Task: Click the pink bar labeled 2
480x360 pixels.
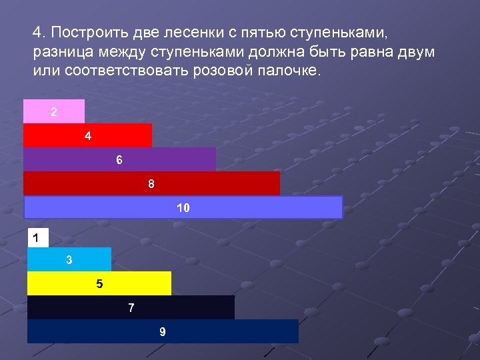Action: (54, 111)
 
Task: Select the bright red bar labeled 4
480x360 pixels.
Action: (87, 135)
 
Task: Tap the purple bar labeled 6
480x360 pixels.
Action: (119, 159)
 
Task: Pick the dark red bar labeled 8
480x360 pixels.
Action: (151, 183)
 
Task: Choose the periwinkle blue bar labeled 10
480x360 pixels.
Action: (183, 207)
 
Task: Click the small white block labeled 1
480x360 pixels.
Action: (37, 237)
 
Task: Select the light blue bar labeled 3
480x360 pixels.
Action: (69, 259)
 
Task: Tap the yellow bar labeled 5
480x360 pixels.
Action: (99, 283)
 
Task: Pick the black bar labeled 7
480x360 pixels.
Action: (131, 307)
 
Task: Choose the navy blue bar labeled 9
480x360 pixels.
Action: (163, 331)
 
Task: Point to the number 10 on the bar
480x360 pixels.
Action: (183, 207)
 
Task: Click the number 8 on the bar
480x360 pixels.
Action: (151, 183)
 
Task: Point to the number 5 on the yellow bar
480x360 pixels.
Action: (99, 283)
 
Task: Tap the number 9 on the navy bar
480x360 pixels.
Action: (163, 331)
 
